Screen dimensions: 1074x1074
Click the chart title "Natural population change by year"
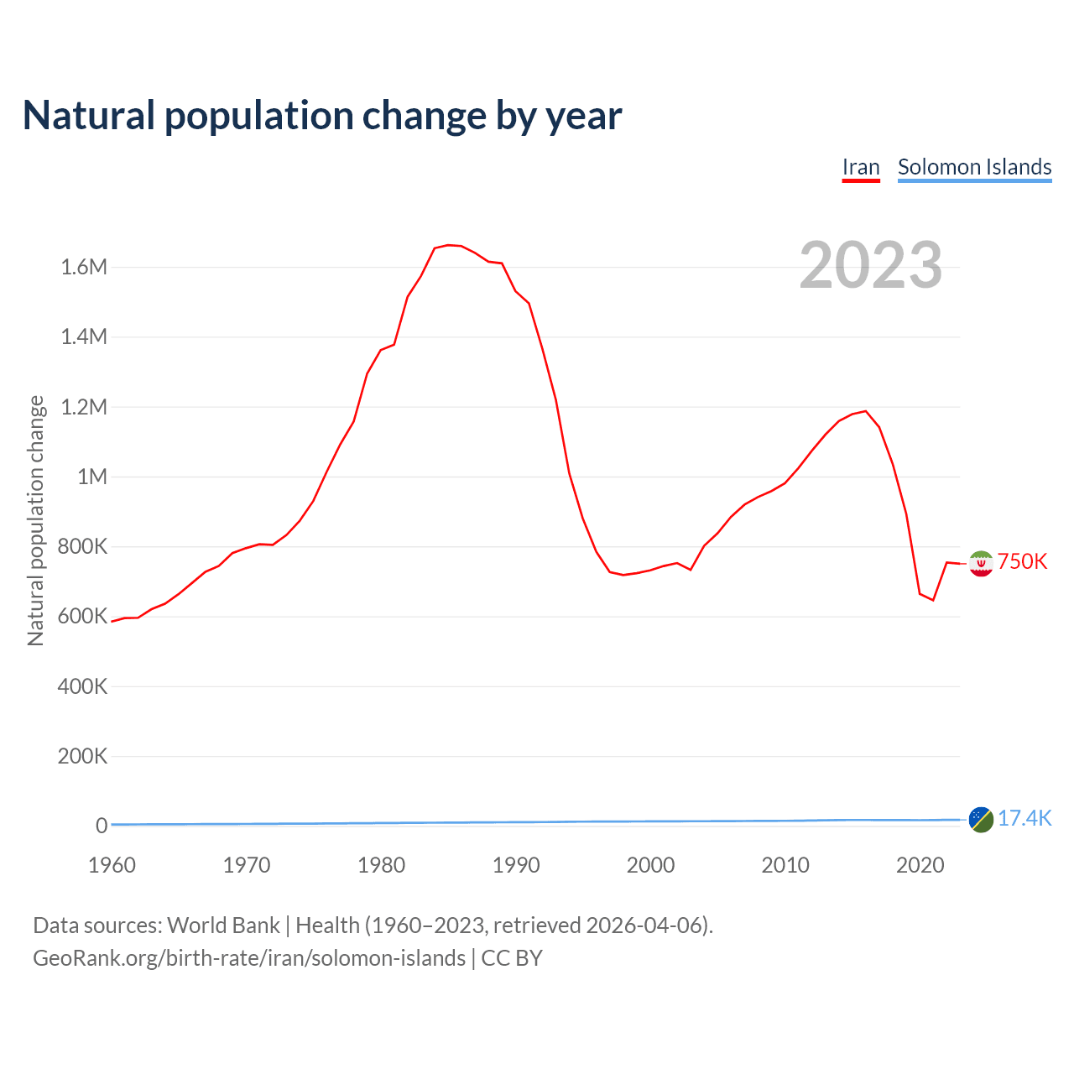(x=322, y=116)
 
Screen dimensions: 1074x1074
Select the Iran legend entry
(x=861, y=167)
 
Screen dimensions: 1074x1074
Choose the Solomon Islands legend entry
(x=974, y=167)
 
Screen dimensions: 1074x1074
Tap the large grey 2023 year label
(x=870, y=265)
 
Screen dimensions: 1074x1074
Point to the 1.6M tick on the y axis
(x=84, y=267)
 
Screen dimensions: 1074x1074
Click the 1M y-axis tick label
(x=92, y=477)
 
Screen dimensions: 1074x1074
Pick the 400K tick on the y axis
(x=82, y=686)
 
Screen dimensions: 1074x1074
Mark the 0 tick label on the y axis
(x=102, y=826)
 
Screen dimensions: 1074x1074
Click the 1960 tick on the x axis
(x=112, y=865)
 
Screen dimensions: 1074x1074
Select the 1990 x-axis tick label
(x=516, y=865)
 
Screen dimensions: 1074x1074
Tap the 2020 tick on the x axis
(x=920, y=865)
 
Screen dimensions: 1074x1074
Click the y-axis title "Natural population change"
(x=36, y=521)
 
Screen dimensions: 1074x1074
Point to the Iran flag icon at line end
(x=981, y=563)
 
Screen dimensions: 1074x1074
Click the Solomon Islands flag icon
(x=981, y=819)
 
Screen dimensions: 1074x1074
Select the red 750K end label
(x=1022, y=561)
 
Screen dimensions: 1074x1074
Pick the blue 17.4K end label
(x=1024, y=818)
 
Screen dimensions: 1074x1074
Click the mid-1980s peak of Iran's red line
(x=448, y=245)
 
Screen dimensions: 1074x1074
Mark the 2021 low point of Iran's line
(x=933, y=600)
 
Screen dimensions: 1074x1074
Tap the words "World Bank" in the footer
(x=223, y=925)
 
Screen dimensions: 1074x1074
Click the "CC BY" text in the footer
(x=512, y=958)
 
